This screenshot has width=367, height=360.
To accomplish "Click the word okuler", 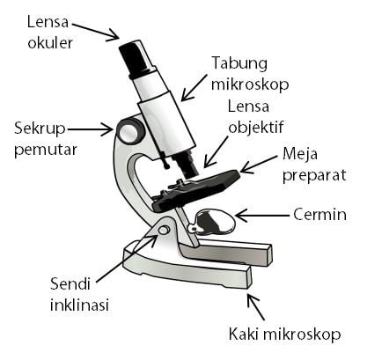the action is click(50, 43).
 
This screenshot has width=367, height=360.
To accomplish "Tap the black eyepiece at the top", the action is click(136, 59).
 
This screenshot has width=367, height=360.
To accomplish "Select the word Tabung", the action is click(239, 63).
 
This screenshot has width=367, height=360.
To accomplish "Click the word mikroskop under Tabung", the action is click(250, 84).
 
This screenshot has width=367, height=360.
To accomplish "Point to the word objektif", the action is click(256, 128).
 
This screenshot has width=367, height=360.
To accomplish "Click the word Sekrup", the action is click(40, 129).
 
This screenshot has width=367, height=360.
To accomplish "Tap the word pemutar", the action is click(46, 150).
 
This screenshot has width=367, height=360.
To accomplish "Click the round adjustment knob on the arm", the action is click(130, 129).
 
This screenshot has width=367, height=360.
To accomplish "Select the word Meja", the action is click(300, 154).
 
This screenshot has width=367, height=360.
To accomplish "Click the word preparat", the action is click(314, 175).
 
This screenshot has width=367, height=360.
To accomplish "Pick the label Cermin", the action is click(319, 215).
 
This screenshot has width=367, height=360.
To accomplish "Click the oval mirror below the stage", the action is click(214, 222).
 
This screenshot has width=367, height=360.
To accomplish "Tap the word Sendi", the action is click(70, 283).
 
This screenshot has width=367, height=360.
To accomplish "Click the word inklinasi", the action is click(79, 305).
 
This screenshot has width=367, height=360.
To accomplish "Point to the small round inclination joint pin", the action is click(164, 230).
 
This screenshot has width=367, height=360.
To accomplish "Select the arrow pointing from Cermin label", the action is click(262, 216).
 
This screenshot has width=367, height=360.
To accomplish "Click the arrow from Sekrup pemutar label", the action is click(90, 129).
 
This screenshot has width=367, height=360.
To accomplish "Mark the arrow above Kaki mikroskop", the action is click(255, 306).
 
